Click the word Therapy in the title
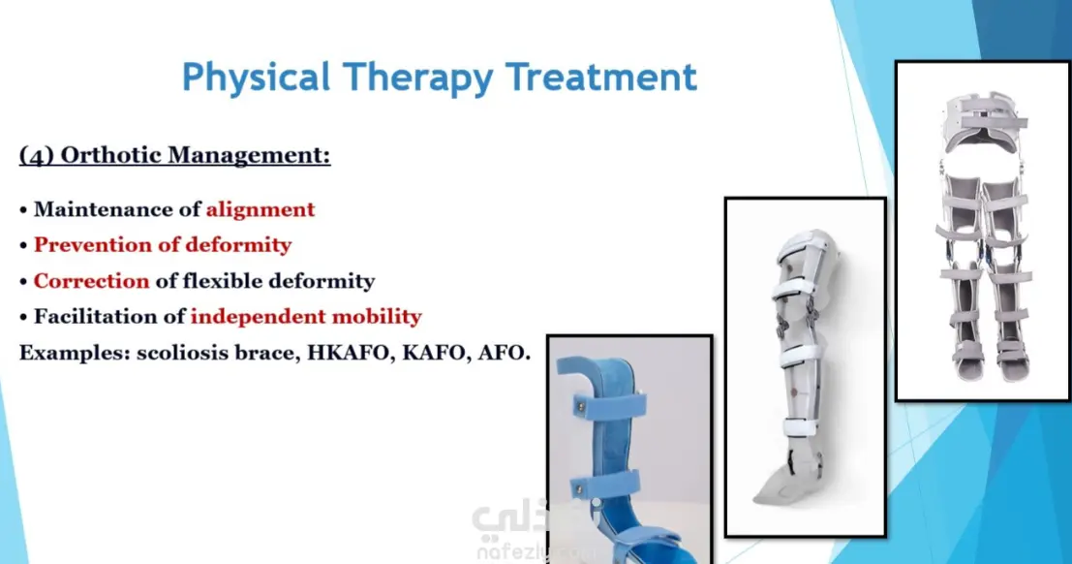tap(417, 78)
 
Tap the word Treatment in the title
tap(601, 77)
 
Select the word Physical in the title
tap(256, 78)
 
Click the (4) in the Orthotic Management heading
tap(36, 155)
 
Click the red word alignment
tap(260, 209)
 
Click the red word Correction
tap(92, 281)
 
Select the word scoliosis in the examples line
tap(182, 353)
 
